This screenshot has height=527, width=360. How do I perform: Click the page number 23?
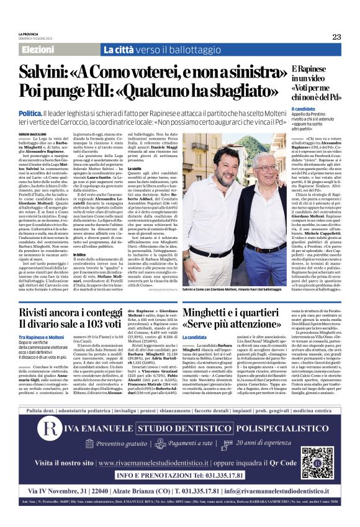click(336, 37)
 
